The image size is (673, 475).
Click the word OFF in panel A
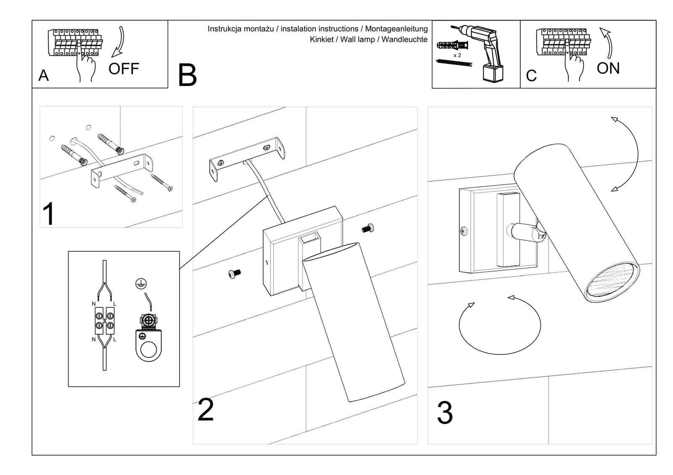tap(124, 69)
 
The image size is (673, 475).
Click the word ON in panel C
tap(608, 68)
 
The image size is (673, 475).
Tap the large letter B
tap(187, 75)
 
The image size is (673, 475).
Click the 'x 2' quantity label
tap(457, 55)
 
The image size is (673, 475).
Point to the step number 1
tap(49, 214)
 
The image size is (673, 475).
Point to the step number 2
tap(206, 410)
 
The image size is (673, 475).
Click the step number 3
tap(445, 413)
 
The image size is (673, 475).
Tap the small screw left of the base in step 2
tap(233, 274)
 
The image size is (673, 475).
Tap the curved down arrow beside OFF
tap(119, 42)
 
